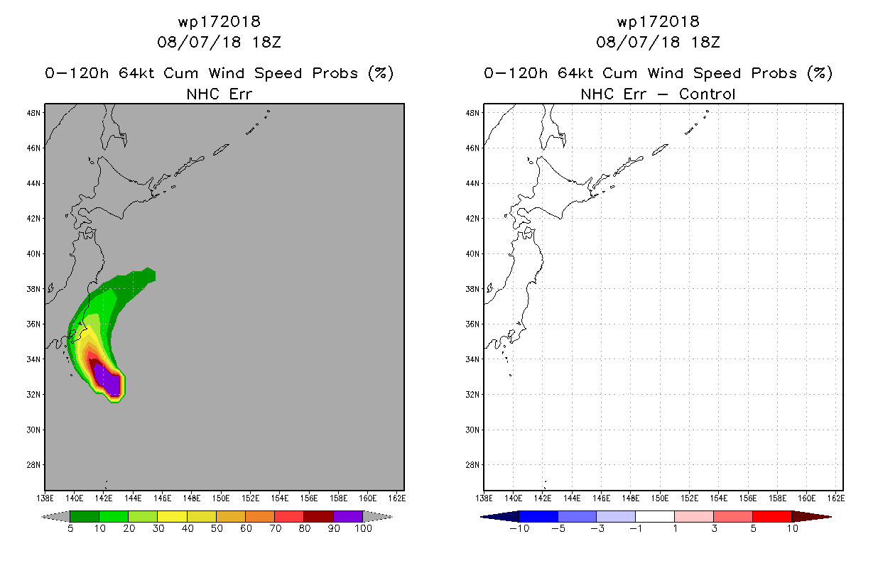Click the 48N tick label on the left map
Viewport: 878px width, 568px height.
click(33, 113)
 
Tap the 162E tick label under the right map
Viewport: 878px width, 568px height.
click(835, 498)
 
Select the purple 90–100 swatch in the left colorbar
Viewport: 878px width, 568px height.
click(348, 516)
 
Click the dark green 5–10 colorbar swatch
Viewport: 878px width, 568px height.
click(85, 516)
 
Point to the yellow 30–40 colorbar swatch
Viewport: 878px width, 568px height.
click(172, 516)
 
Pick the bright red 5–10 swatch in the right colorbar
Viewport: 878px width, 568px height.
click(772, 516)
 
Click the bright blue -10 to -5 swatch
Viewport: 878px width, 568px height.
click(538, 516)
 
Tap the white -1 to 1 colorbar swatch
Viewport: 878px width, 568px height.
click(655, 516)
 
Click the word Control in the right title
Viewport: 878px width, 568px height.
click(707, 94)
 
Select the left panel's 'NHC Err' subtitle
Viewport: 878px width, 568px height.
click(219, 94)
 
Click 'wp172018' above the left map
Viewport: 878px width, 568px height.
click(219, 21)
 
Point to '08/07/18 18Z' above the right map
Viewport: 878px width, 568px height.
click(658, 42)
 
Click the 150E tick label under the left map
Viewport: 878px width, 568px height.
click(221, 498)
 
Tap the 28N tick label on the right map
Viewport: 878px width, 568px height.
click(472, 465)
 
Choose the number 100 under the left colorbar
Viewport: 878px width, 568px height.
click(363, 528)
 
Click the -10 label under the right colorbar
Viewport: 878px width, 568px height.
click(519, 528)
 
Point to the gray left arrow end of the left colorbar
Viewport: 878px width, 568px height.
click(55, 516)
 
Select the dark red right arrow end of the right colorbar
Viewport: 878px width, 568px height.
click(811, 516)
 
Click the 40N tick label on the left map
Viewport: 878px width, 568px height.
click(33, 254)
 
